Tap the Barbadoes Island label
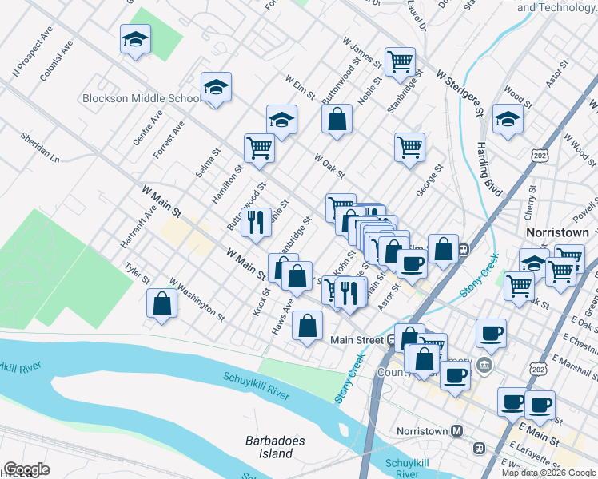pos(269,447)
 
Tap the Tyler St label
pos(137,274)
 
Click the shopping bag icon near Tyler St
pos(162,304)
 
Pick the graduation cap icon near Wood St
pos(508,120)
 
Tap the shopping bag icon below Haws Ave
pos(307,326)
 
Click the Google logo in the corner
pos(26,469)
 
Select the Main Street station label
pos(358,340)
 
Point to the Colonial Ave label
pos(56,67)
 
